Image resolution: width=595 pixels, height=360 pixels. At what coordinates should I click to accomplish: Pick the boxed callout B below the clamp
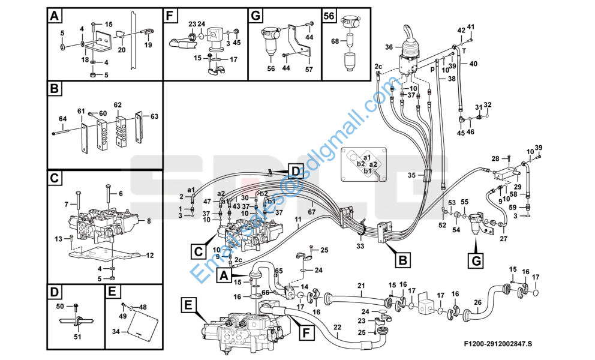tap(402, 260)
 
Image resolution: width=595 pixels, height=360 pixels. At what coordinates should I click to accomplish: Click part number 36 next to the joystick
tap(389, 47)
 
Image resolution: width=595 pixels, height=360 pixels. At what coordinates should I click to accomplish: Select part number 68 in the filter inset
tap(335, 41)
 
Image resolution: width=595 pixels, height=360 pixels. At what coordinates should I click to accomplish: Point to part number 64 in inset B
tap(62, 119)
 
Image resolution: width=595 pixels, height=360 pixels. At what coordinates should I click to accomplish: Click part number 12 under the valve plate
tap(150, 256)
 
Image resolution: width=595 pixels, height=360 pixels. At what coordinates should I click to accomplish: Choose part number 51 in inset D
tap(77, 337)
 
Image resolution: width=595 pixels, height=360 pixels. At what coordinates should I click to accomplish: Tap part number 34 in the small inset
tap(117, 331)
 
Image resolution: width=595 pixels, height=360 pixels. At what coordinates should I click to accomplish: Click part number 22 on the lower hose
tap(337, 326)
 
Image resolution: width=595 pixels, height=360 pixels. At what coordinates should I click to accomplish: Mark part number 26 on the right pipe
tap(477, 302)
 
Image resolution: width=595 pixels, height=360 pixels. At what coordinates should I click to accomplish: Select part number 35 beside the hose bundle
tap(411, 175)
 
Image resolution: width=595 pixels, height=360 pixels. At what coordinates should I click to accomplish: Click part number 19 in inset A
tap(148, 44)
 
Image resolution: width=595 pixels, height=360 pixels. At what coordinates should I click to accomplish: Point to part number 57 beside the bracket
tap(309, 70)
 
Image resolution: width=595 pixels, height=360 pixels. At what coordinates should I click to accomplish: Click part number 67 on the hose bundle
tap(311, 212)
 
